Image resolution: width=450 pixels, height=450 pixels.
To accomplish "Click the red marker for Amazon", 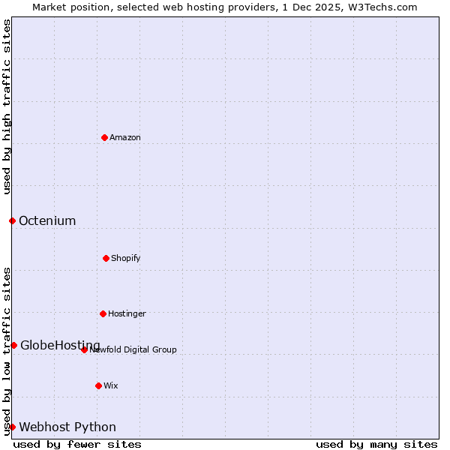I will [x=105, y=137].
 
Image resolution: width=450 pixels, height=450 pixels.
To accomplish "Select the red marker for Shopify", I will [x=106, y=258].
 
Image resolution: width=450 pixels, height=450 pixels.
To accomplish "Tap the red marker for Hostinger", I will [x=103, y=313].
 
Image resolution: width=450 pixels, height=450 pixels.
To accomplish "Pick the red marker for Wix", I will [x=98, y=385].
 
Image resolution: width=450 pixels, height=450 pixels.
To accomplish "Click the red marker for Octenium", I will [x=12, y=220].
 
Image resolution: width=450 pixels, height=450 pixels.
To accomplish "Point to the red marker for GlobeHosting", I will [x=13, y=345].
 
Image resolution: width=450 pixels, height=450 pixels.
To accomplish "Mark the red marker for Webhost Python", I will [x=12, y=427].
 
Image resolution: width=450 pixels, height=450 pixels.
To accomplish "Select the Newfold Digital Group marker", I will [x=84, y=349].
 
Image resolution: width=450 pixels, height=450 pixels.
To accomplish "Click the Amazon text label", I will [x=125, y=137].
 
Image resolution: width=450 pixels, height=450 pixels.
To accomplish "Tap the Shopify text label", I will [x=126, y=258].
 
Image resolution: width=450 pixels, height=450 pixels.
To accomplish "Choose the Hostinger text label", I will [x=127, y=313].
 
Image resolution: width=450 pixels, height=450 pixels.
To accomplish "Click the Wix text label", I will [x=111, y=385].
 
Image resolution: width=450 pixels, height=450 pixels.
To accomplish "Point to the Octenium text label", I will [x=47, y=220].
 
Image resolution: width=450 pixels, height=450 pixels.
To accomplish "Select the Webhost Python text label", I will [x=67, y=427].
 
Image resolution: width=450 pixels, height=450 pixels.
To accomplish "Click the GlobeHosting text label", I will [x=60, y=345].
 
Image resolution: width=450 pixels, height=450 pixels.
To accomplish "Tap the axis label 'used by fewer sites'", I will [x=77, y=444].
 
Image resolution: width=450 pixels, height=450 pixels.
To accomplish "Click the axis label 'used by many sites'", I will [x=376, y=444].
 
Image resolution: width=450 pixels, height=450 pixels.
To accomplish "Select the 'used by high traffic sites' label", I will [x=7, y=106].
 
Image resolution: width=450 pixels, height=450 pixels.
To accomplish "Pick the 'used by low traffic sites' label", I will [x=7, y=351].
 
